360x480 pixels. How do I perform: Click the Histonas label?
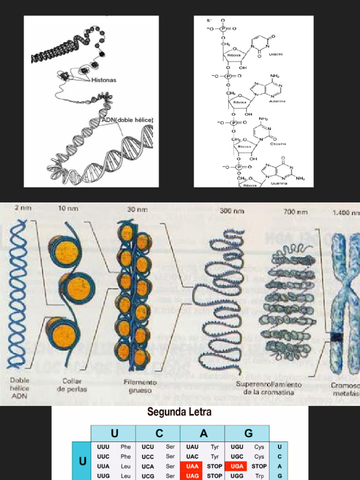tap(104, 80)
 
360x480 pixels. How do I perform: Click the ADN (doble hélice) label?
tap(127, 120)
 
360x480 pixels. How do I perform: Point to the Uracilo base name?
tap(276, 54)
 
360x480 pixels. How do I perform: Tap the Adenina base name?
tap(277, 101)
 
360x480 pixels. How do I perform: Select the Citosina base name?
tap(278, 143)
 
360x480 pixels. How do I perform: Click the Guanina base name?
tap(279, 183)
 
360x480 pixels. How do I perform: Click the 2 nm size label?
tap(23, 208)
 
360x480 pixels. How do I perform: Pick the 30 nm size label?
tap(137, 209)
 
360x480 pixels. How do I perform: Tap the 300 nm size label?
tap(232, 211)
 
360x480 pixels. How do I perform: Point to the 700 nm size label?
tap(296, 212)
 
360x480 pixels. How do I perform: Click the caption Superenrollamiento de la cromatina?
tap(268, 388)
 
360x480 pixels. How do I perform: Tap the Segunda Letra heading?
tap(180, 412)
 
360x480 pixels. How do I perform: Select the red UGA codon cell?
tap(237, 466)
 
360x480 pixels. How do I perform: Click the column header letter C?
tap(159, 433)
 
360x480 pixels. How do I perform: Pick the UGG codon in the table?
tap(237, 476)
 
